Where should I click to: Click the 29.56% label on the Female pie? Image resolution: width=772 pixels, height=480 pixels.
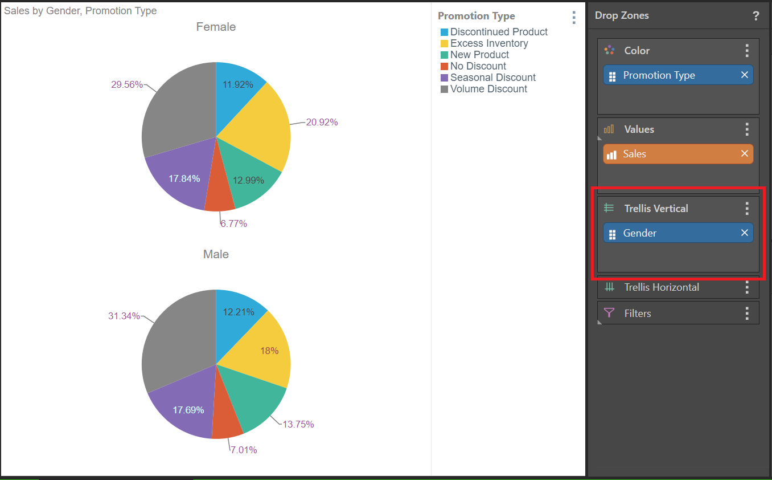point(127,84)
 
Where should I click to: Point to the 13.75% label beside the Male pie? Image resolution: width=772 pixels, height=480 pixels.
point(298,424)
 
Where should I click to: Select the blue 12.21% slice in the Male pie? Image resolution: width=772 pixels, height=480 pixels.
point(236,314)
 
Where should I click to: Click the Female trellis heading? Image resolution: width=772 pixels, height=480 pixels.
point(216,27)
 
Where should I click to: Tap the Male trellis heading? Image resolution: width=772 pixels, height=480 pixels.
point(216,254)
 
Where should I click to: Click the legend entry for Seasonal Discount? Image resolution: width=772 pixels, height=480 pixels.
point(492,78)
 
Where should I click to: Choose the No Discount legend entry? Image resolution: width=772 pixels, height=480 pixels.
point(478,66)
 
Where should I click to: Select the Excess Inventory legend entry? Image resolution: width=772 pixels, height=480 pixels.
point(488,43)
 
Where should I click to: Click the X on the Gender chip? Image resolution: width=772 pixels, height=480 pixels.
point(744,233)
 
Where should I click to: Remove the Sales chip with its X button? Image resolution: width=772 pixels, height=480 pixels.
point(744,153)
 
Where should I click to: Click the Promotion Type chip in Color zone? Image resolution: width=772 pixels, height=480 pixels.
point(659,75)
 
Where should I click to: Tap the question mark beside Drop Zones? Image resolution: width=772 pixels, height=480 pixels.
point(755,16)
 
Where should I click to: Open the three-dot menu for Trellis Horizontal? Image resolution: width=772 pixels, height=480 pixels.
point(747,287)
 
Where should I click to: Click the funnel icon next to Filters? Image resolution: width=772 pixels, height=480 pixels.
point(609,313)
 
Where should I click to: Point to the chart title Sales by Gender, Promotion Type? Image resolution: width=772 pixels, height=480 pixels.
point(80,11)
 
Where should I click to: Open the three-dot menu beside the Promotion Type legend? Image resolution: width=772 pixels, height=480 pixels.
point(573,17)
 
